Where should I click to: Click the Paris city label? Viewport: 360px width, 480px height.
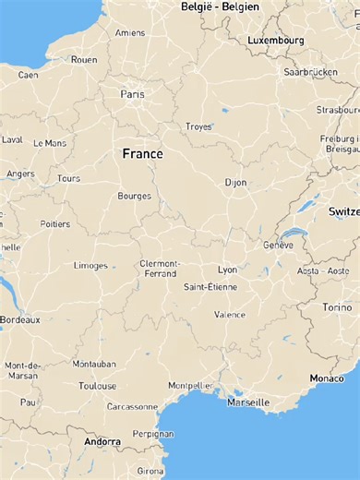pyautogui.click(x=132, y=94)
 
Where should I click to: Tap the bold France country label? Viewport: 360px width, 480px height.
pyautogui.click(x=143, y=154)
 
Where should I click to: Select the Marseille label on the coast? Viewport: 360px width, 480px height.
pyautogui.click(x=248, y=402)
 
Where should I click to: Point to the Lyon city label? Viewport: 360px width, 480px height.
pyautogui.click(x=227, y=270)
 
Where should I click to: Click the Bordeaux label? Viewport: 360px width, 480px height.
pyautogui.click(x=20, y=319)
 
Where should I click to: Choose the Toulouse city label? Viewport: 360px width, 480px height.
pyautogui.click(x=98, y=386)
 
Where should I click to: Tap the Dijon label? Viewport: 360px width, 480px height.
pyautogui.click(x=236, y=183)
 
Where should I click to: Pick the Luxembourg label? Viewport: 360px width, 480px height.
pyautogui.click(x=275, y=41)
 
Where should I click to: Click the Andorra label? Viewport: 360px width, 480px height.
pyautogui.click(x=102, y=442)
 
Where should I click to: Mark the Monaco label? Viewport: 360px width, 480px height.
pyautogui.click(x=327, y=378)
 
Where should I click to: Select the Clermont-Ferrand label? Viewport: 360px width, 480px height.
pyautogui.click(x=160, y=268)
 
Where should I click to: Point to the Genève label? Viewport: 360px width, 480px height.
pyautogui.click(x=278, y=246)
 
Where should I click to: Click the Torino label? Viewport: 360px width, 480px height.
pyautogui.click(x=337, y=307)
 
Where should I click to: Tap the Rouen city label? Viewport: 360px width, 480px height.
pyautogui.click(x=84, y=60)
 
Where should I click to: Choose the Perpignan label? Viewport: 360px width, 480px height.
pyautogui.click(x=153, y=433)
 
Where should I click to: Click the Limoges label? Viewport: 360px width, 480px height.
pyautogui.click(x=90, y=266)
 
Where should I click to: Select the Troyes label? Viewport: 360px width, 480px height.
pyautogui.click(x=198, y=126)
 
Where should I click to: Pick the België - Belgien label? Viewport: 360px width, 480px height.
pyautogui.click(x=220, y=7)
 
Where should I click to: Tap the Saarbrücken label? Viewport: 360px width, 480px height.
pyautogui.click(x=311, y=71)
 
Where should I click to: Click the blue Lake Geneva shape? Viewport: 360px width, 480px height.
pyautogui.click(x=294, y=234)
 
